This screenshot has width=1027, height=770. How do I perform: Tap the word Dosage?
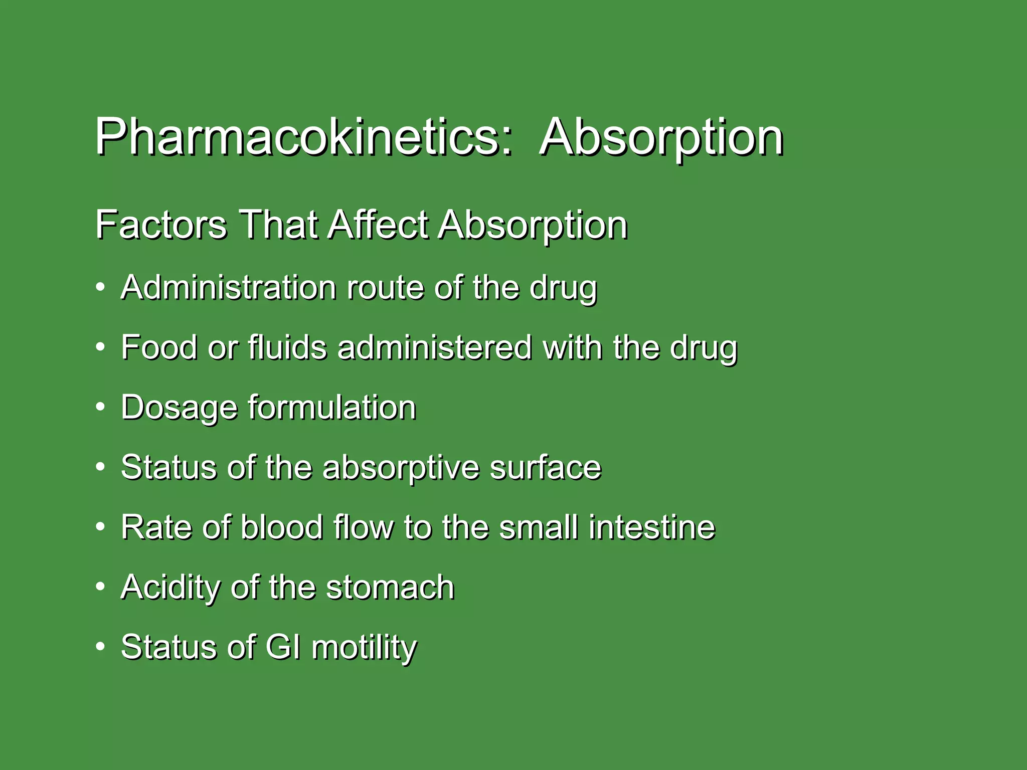[x=179, y=407]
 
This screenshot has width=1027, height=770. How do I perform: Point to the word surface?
[x=545, y=467]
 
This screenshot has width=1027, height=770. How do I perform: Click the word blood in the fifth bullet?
[x=281, y=527]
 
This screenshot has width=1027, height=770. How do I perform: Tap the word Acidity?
[x=170, y=587]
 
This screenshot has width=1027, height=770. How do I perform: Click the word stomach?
[x=390, y=587]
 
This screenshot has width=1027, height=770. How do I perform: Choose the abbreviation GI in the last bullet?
[x=283, y=647]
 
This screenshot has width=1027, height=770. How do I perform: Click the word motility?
[x=364, y=647]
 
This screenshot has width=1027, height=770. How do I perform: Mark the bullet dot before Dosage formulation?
[x=101, y=407]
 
